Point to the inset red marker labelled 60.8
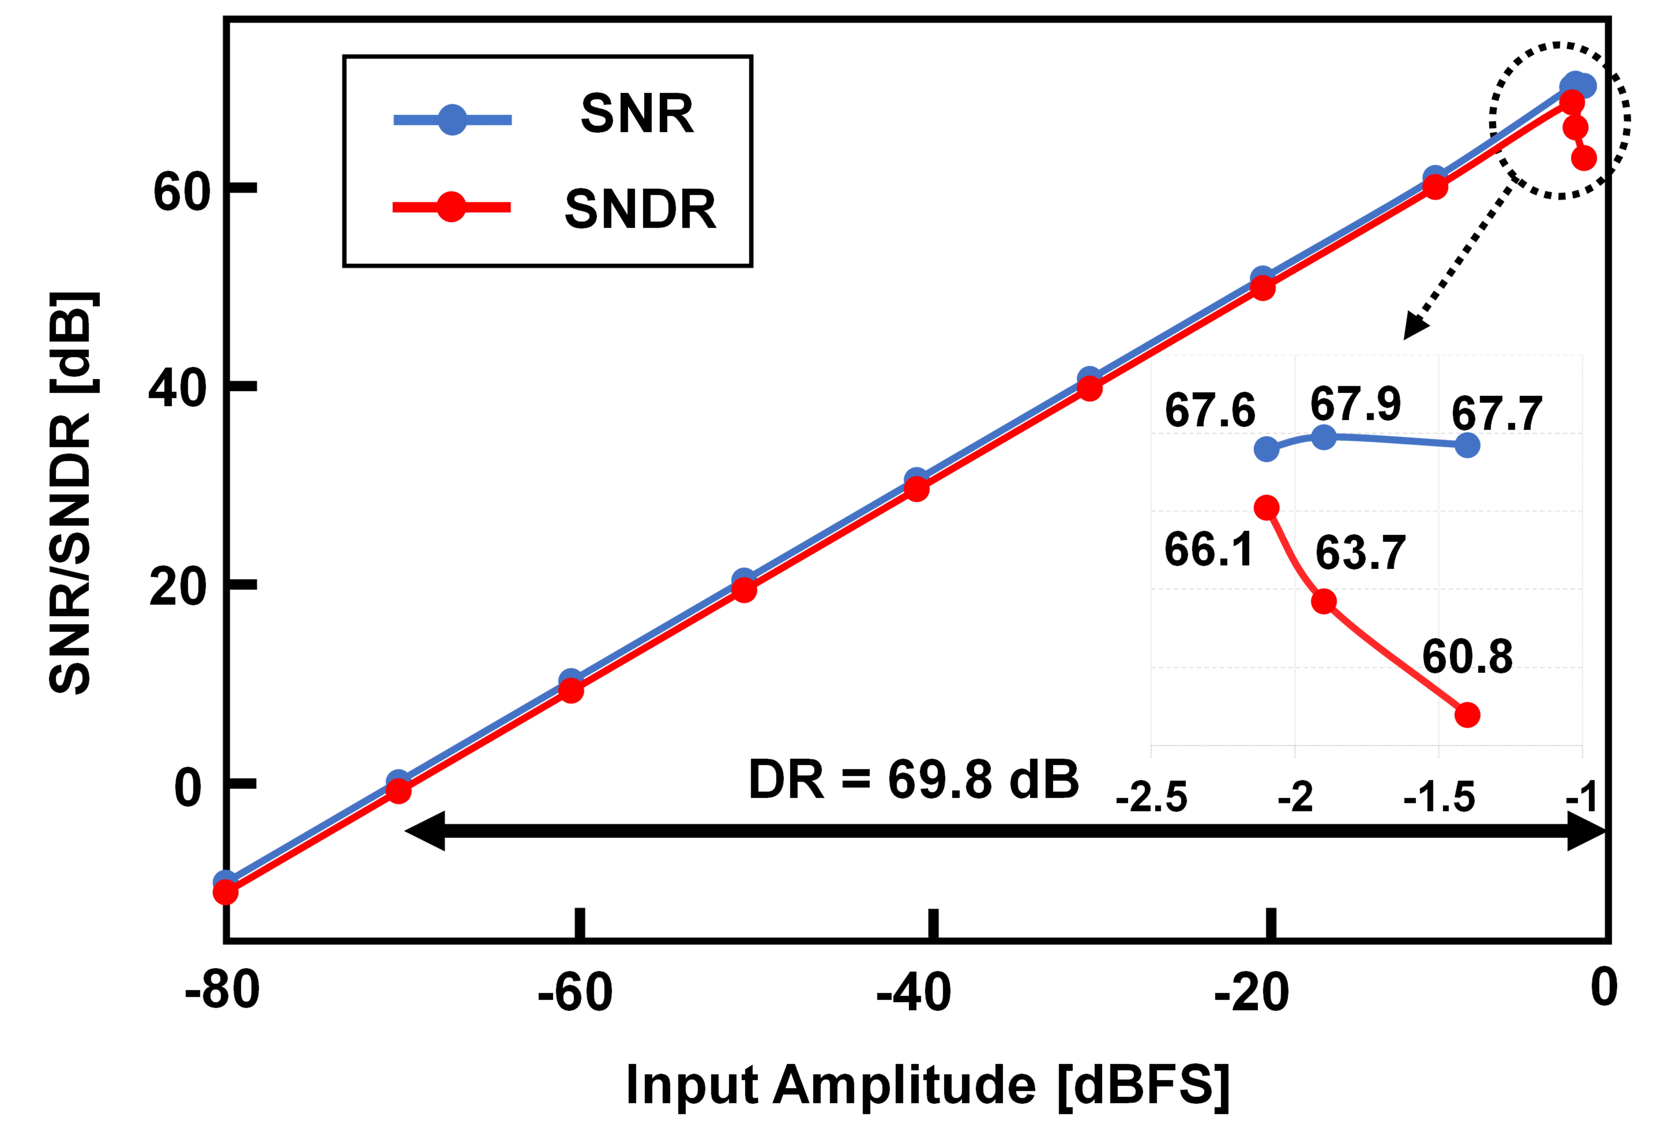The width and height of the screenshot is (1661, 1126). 1467,715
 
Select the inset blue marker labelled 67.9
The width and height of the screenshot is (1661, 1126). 1324,437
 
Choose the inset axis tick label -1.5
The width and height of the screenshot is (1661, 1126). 1439,797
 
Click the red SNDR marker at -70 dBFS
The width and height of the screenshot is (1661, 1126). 398,791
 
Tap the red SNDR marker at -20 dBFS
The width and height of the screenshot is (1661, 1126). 1263,288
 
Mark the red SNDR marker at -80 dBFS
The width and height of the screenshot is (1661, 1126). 225,891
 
